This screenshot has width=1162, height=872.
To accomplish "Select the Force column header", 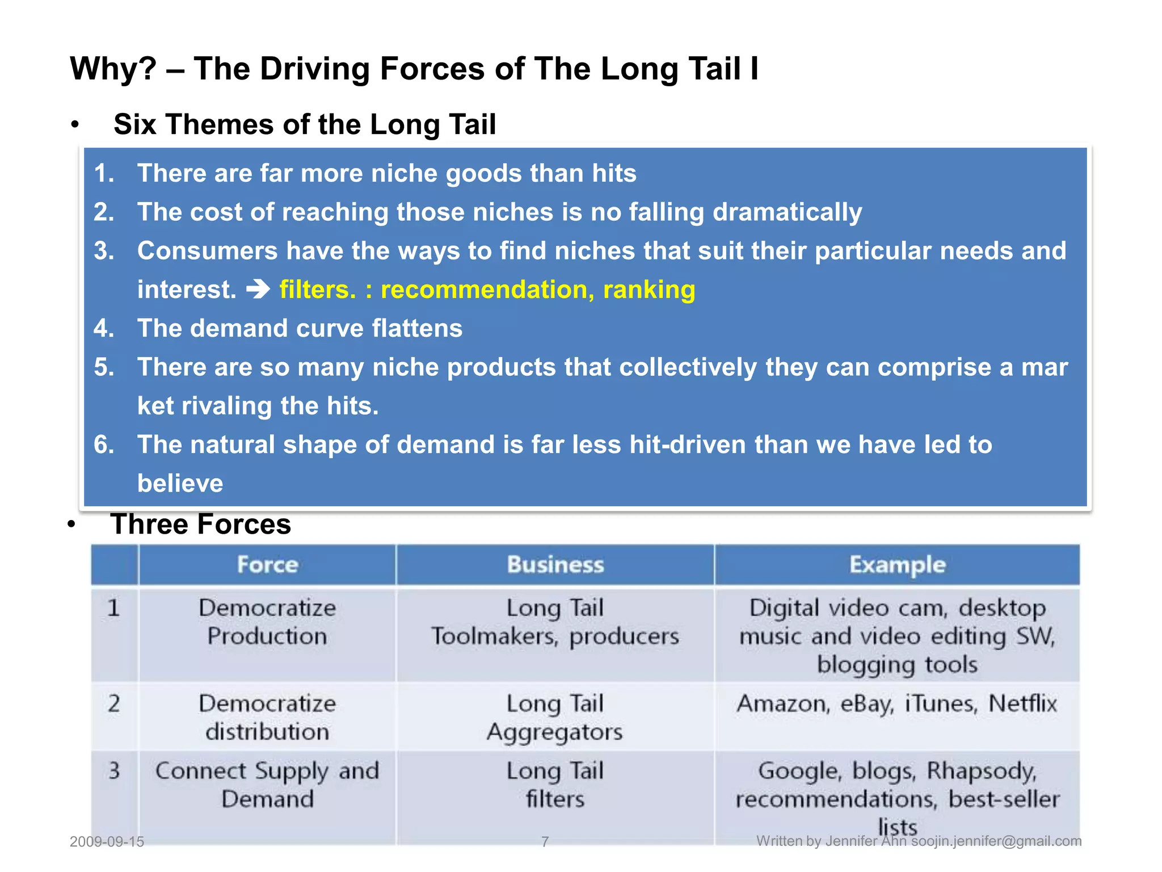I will click(267, 565).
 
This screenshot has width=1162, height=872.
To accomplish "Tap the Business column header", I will click(555, 565).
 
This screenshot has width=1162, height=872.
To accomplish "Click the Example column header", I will click(897, 565).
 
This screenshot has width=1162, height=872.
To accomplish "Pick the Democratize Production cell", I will click(267, 622).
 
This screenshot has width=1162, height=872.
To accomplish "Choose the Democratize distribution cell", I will click(267, 718).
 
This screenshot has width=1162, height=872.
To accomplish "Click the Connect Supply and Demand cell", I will click(267, 785).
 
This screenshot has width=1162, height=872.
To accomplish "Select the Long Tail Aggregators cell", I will click(555, 718).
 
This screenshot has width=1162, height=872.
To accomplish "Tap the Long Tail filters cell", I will click(555, 785).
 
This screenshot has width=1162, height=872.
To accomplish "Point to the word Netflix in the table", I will click(1022, 704).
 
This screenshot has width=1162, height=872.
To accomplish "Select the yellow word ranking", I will click(649, 290).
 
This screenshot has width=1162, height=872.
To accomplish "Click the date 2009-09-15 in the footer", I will click(107, 841).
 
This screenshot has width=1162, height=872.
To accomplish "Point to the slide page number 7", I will click(545, 841).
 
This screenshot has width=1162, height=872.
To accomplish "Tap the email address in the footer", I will click(996, 841).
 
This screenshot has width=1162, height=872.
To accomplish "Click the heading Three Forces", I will click(201, 524).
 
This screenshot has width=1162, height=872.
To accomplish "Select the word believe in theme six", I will click(180, 484).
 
